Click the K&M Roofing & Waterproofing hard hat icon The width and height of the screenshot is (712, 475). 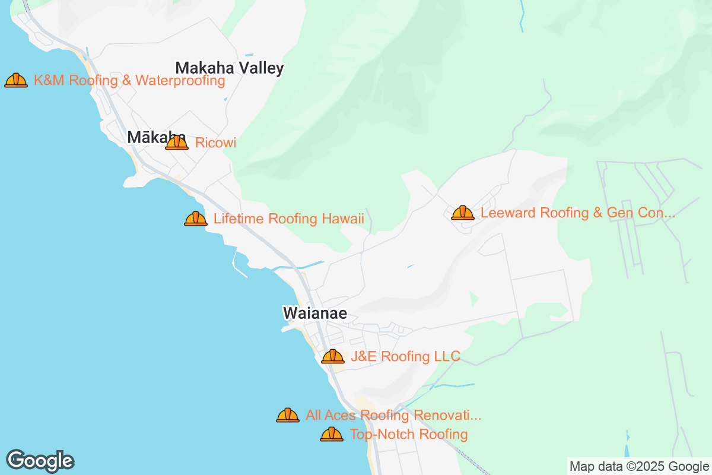click(x=16, y=80)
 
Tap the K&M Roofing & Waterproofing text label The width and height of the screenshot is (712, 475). click(x=129, y=81)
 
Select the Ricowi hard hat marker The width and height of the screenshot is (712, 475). click(x=177, y=142)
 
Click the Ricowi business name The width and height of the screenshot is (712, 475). click(x=215, y=143)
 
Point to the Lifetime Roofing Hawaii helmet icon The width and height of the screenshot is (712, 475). click(x=196, y=219)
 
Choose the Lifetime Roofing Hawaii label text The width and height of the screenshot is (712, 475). click(x=288, y=219)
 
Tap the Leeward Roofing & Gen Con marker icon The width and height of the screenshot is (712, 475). click(x=463, y=213)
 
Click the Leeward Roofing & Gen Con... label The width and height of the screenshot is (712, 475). click(x=577, y=213)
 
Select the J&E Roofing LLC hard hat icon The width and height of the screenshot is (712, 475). click(x=333, y=356)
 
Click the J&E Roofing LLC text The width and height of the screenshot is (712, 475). click(x=405, y=356)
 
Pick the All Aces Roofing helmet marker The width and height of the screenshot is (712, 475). click(x=288, y=415)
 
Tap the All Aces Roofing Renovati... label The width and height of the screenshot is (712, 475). click(x=393, y=416)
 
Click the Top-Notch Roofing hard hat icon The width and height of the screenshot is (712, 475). click(x=332, y=434)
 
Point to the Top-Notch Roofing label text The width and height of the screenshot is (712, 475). click(x=408, y=435)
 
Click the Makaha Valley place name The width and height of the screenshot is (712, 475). click(x=230, y=68)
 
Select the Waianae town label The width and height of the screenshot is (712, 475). click(x=315, y=313)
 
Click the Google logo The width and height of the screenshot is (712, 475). click(x=40, y=460)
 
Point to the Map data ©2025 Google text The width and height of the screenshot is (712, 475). click(x=639, y=466)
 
